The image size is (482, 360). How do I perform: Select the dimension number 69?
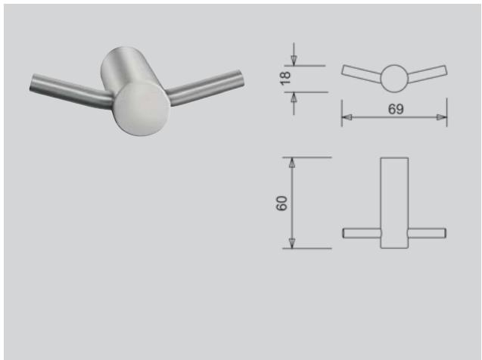[x=395, y=110]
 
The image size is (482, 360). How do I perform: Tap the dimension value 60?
[x=282, y=203]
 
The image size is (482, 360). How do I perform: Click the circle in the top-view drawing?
[x=393, y=78]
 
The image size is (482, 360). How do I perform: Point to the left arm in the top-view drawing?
[x=361, y=73]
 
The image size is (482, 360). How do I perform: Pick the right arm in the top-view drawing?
[x=428, y=73]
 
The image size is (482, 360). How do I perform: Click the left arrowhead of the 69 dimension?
[x=346, y=117]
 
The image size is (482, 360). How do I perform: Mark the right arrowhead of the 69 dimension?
[x=442, y=117]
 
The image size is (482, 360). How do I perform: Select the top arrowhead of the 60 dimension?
[x=292, y=163]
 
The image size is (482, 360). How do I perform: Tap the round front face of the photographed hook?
[x=139, y=109]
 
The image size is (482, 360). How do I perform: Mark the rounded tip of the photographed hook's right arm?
[x=239, y=78]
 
